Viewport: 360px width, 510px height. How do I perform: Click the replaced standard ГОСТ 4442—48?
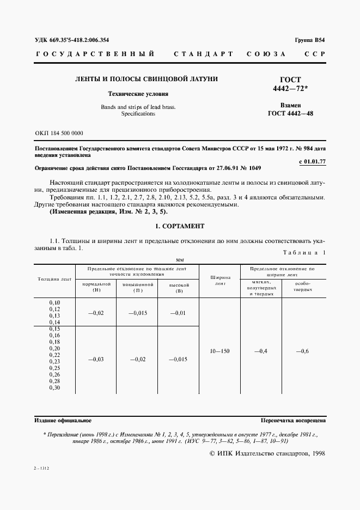[290, 113]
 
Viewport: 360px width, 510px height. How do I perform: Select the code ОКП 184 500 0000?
[59, 133]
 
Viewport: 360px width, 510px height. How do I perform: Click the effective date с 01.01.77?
[313, 162]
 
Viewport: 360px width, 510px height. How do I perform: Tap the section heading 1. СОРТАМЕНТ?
[180, 226]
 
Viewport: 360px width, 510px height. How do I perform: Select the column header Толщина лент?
[54, 279]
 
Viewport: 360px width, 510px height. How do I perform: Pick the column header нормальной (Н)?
[97, 287]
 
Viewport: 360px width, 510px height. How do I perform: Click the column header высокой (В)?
[179, 287]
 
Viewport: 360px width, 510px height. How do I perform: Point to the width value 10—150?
[220, 351]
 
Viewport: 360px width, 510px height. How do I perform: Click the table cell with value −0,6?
[303, 351]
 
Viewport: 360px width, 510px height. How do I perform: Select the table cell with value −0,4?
[261, 351]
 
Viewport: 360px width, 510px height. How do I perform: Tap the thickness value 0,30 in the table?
[54, 388]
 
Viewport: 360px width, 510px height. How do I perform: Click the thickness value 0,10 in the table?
[54, 302]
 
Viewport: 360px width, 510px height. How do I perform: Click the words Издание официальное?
[63, 421]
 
